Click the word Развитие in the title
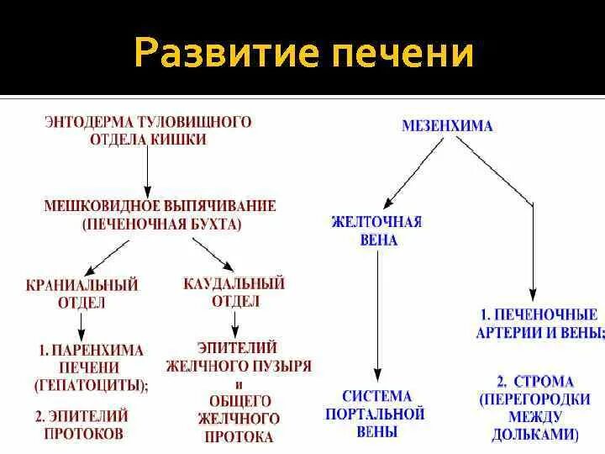222,53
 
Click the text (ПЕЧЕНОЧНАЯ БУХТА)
162,224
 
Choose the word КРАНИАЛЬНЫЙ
82,285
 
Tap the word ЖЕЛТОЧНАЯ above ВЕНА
376,222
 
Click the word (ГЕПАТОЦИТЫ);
91,385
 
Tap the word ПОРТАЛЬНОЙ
377,414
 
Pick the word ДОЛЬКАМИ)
535,435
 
